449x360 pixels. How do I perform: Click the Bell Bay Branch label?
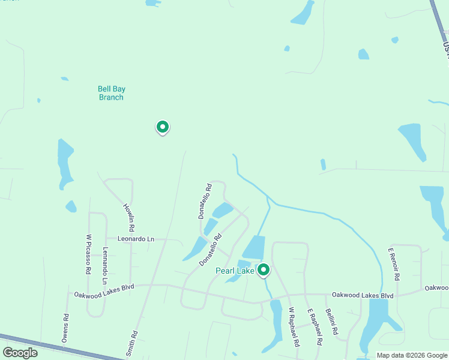coord(111,93)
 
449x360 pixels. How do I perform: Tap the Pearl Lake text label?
coord(235,271)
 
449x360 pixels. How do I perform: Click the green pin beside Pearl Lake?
coord(263,271)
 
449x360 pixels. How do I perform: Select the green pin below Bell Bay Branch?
coord(162,127)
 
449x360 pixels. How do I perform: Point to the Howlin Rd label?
coord(129,218)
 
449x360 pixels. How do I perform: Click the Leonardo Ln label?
coord(136,239)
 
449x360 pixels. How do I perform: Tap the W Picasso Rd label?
coord(88,254)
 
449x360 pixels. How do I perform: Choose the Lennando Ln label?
coord(105,266)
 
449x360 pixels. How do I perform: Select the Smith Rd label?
coord(134,343)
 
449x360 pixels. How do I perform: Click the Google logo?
coord(20,352)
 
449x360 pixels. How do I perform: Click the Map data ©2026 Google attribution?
coord(412,355)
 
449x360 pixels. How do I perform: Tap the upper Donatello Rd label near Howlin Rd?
coord(205,201)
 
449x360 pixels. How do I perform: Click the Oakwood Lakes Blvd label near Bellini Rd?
coord(364,296)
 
